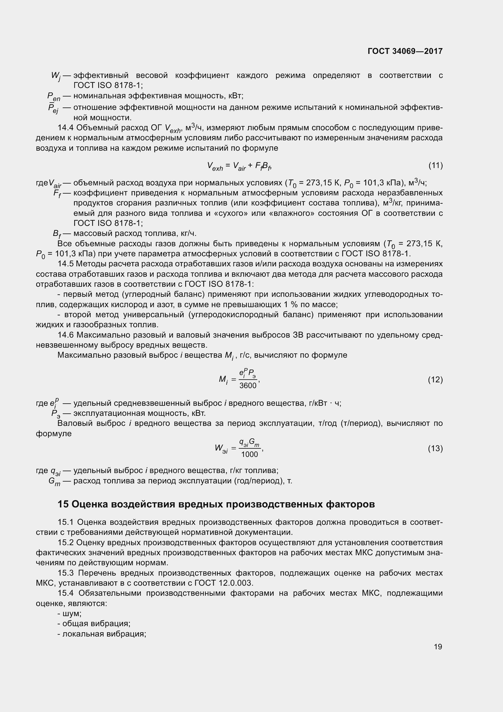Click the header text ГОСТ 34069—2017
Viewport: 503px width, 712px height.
pos(405,51)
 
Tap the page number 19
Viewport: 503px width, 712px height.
pos(438,647)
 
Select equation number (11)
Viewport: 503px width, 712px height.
pos(435,166)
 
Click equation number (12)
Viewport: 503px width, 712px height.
pos(435,380)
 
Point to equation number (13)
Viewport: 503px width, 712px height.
pos(435,448)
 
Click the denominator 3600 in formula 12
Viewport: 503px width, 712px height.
pos(248,385)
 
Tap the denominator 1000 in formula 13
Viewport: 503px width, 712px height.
pos(249,454)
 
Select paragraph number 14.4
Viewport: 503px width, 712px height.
pos(66,128)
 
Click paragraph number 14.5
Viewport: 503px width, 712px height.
pos(66,264)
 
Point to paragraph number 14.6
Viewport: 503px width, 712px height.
pos(66,335)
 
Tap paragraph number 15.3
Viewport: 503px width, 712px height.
pos(66,573)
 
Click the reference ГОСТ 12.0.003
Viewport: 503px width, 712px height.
pos(224,583)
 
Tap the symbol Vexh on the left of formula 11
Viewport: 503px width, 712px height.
pos(215,167)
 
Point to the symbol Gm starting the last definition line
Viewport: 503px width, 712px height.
pos(54,482)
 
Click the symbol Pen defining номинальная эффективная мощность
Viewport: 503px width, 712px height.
pos(54,97)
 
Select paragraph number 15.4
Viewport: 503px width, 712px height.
pos(66,593)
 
